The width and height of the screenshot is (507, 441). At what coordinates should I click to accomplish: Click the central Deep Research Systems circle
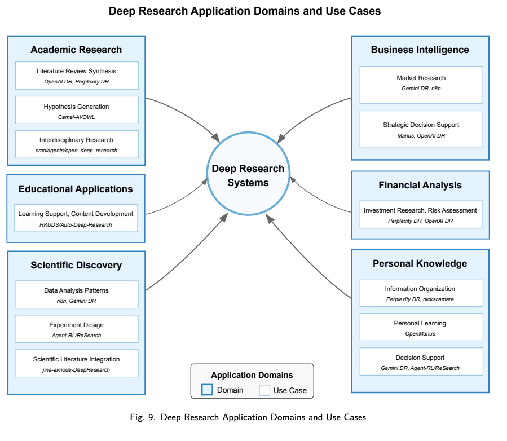point(248,175)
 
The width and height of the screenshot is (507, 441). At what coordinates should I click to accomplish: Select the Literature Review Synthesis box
point(77,76)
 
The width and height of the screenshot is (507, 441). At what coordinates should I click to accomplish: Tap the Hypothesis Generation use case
point(77,110)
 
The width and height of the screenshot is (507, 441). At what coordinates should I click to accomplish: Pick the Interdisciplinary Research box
point(77,144)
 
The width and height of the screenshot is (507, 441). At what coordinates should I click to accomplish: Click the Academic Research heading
point(76,50)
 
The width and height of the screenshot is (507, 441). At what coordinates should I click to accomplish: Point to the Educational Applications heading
point(76,189)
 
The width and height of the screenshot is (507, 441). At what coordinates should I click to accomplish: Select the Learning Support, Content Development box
point(76,218)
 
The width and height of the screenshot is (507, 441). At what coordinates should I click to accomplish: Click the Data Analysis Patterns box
point(77,295)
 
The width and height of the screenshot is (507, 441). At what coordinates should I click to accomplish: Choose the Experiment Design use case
point(77,329)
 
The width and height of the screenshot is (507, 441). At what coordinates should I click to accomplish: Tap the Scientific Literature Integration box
point(77,364)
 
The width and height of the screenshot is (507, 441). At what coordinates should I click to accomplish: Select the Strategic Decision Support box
point(421,129)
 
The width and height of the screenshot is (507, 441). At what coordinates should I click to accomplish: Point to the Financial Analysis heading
point(420,185)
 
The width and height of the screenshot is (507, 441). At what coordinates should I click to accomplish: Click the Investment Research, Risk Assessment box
point(420,214)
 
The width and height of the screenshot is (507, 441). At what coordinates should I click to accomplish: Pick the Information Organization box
point(420,293)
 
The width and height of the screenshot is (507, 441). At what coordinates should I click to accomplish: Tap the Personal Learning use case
point(420,328)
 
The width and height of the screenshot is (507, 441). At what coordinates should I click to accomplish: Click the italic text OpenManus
point(420,334)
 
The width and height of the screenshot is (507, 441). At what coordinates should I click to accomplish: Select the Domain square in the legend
point(207,390)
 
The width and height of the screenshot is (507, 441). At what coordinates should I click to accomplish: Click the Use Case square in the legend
point(264,390)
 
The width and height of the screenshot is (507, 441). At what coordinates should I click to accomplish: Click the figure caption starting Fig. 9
point(248,417)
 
